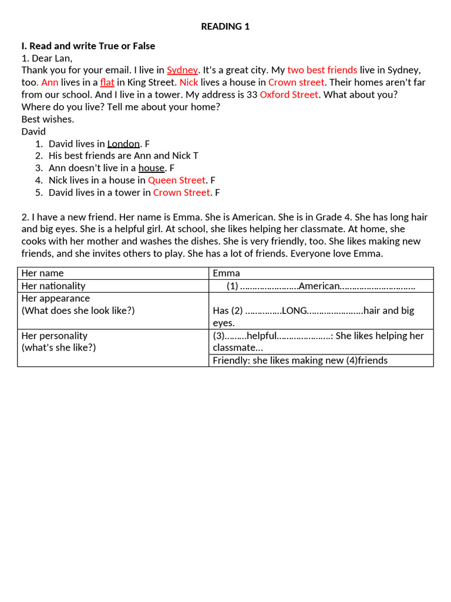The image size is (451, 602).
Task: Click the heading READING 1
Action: [x=225, y=26]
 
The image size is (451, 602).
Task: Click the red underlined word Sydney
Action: [x=183, y=70]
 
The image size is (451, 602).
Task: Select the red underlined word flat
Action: [x=107, y=82]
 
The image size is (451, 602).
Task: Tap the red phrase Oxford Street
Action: [x=290, y=95]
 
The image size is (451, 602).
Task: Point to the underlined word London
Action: [x=123, y=143]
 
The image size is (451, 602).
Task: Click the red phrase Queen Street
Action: [x=177, y=180]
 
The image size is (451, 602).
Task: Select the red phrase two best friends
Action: [x=322, y=70]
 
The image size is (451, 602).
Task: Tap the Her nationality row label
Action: [x=53, y=286]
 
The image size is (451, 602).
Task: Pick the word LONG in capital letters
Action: [x=295, y=310]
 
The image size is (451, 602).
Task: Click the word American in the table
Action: [x=319, y=286]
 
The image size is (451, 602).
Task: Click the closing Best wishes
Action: [x=48, y=119]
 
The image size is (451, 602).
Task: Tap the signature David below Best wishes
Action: [x=33, y=132]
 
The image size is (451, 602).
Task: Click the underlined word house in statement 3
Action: [x=152, y=168]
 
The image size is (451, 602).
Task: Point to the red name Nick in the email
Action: [x=189, y=82]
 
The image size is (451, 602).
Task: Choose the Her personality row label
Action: [x=55, y=336]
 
